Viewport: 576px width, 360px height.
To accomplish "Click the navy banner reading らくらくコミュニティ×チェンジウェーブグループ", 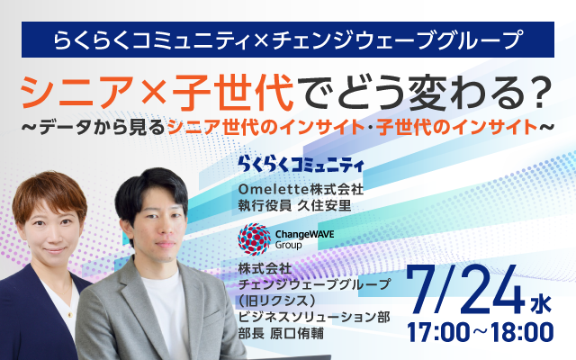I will [x=288, y=39].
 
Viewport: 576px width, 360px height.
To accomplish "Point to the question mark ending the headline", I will [x=537, y=91].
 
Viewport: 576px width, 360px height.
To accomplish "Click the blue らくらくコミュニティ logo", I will [x=300, y=164].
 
